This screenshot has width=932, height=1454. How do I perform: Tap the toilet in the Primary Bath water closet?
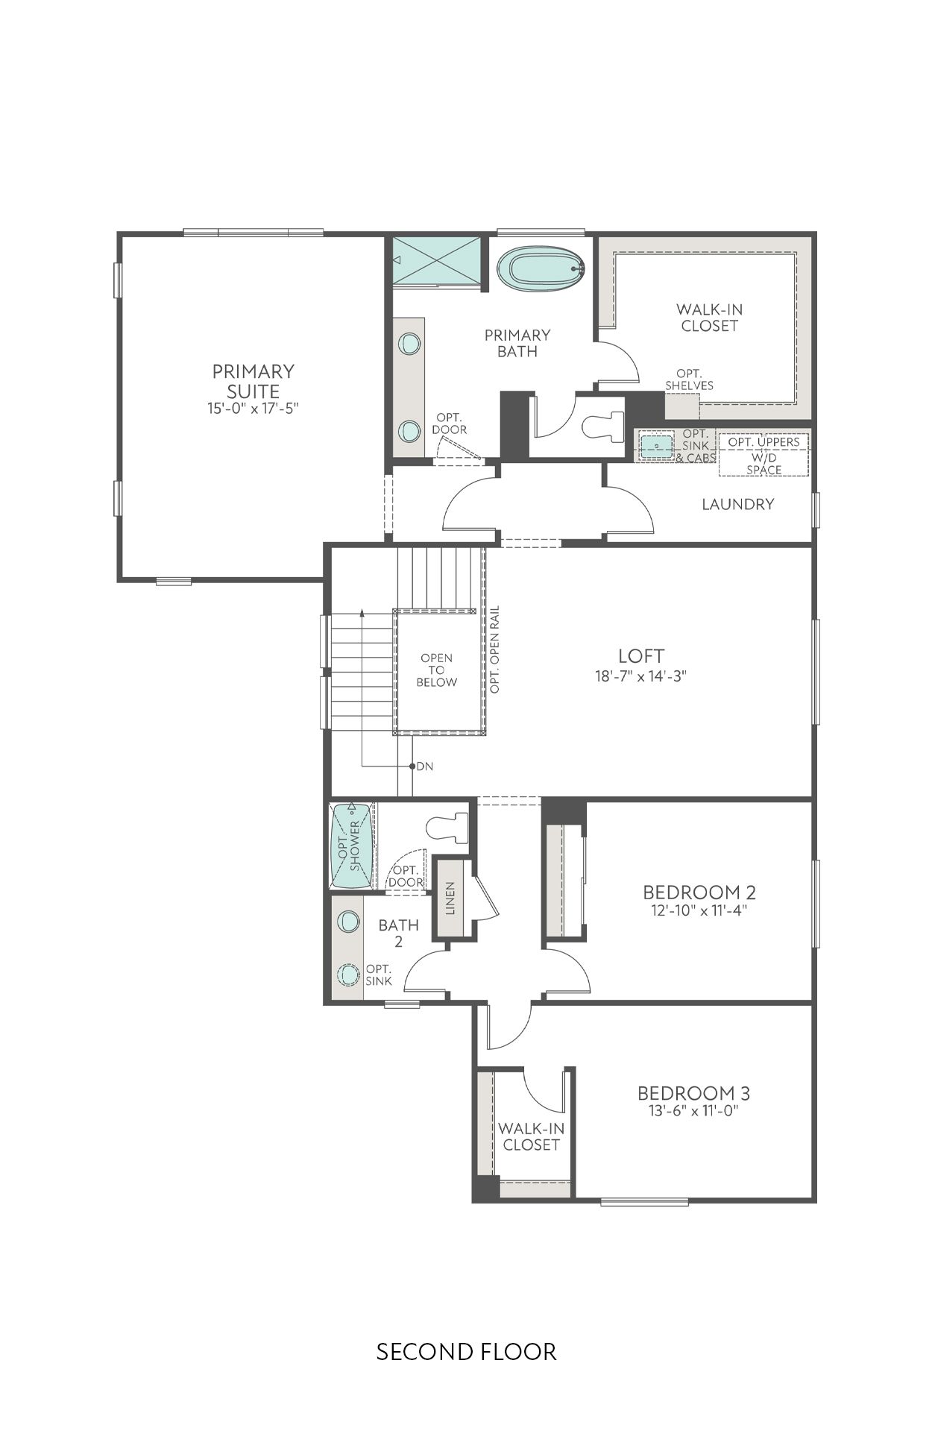coord(602,426)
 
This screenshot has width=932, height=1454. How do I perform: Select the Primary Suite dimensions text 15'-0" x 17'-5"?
coord(253,409)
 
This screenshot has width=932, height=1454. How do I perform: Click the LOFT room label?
coord(640,656)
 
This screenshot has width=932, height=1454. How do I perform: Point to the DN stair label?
coord(424,766)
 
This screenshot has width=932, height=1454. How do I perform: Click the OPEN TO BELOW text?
coord(436,670)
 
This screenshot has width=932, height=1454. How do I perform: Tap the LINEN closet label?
coord(450,898)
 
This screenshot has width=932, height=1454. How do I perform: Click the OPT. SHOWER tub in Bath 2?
coord(351,846)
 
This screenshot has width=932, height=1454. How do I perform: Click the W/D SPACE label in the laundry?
coord(763,463)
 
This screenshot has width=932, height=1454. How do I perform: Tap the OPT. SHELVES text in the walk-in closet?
coord(689,380)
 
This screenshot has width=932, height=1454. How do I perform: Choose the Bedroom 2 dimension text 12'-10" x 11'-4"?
coord(699,910)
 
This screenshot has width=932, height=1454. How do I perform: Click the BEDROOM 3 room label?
coord(693,1093)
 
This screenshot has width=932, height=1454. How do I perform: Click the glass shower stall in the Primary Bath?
coord(436,260)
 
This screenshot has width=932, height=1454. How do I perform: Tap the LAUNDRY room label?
coord(737,504)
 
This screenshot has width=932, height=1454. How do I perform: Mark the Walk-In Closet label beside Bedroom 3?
coord(531,1136)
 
